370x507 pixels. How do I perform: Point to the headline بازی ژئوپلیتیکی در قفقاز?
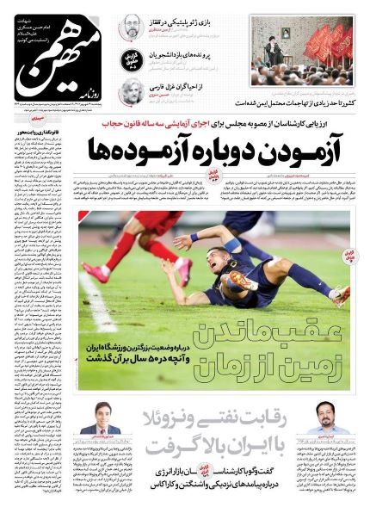[192, 18]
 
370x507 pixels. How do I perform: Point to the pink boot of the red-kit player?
[96, 273]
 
